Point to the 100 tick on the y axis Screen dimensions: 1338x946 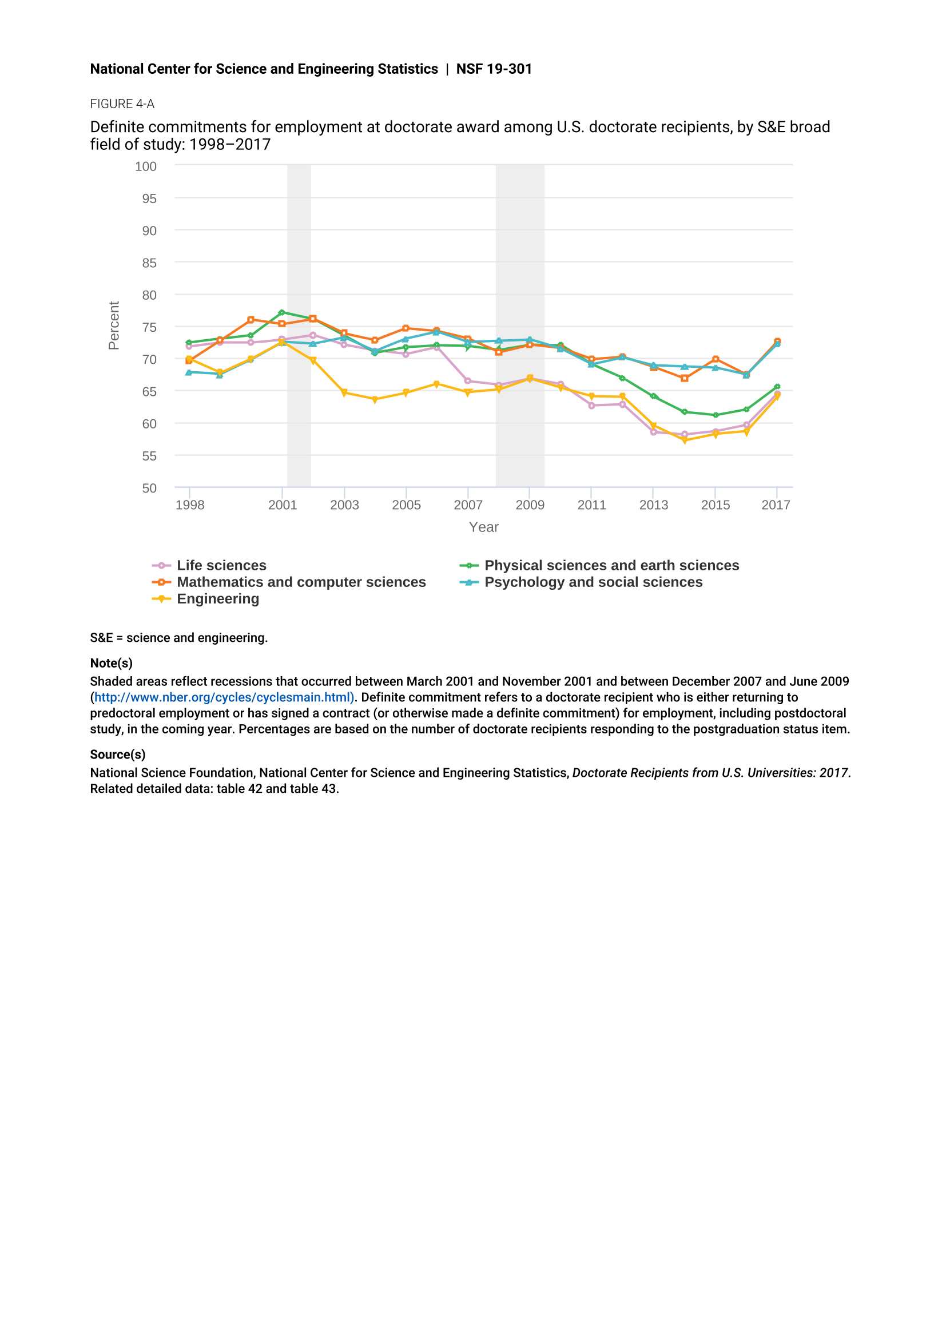(146, 166)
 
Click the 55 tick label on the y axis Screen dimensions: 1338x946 (149, 456)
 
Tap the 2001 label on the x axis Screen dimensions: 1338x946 (283, 505)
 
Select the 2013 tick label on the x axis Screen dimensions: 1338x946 (654, 505)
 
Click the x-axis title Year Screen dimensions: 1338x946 (483, 527)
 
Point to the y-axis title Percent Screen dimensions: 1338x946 (114, 325)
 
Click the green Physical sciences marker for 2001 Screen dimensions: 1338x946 (282, 312)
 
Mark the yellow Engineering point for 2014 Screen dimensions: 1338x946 (685, 440)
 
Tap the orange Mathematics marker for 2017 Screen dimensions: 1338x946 (777, 342)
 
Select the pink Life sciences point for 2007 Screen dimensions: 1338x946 (468, 381)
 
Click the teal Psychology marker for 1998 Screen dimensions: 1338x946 (189, 372)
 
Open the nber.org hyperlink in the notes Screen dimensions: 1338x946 (224, 697)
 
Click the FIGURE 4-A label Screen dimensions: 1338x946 (122, 104)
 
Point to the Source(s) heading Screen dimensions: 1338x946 (118, 755)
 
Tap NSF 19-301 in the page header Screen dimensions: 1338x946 (494, 69)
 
